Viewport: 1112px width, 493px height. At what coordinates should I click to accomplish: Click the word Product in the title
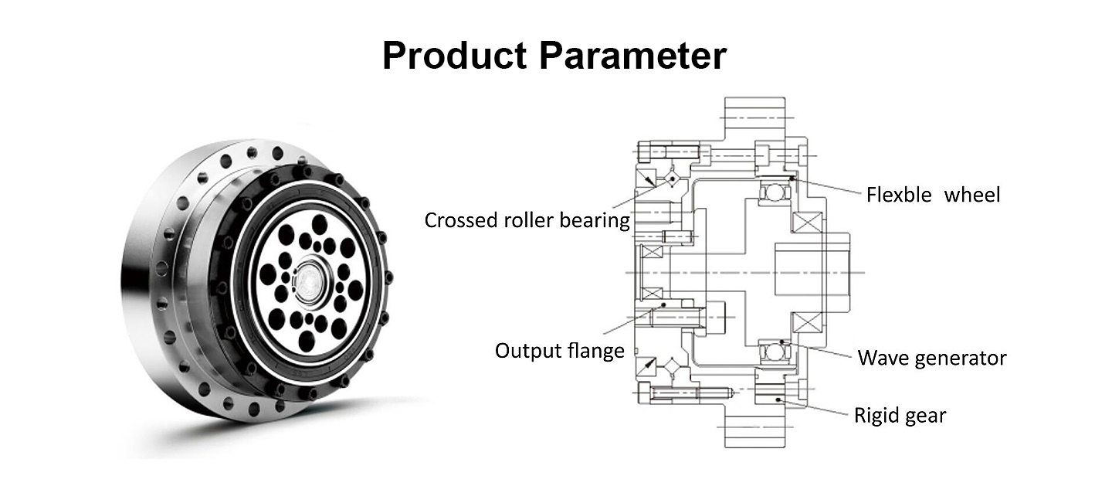(455, 56)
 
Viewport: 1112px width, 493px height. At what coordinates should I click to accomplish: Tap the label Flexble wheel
(933, 195)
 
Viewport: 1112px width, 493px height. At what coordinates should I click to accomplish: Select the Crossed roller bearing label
(527, 220)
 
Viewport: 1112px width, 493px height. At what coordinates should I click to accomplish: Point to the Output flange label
(559, 351)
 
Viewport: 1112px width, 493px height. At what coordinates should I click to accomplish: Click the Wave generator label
(932, 358)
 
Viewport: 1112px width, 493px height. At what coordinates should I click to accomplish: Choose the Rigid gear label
(900, 416)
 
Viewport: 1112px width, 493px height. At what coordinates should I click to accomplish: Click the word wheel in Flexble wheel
(972, 195)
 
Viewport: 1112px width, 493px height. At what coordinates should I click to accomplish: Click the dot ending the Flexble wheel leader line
(793, 180)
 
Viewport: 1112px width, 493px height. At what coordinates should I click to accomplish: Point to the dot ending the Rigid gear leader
(778, 399)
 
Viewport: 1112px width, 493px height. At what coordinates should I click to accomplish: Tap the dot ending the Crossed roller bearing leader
(672, 178)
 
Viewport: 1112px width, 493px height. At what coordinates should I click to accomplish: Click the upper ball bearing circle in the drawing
(772, 193)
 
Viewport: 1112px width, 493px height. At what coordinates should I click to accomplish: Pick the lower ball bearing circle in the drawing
(772, 353)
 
